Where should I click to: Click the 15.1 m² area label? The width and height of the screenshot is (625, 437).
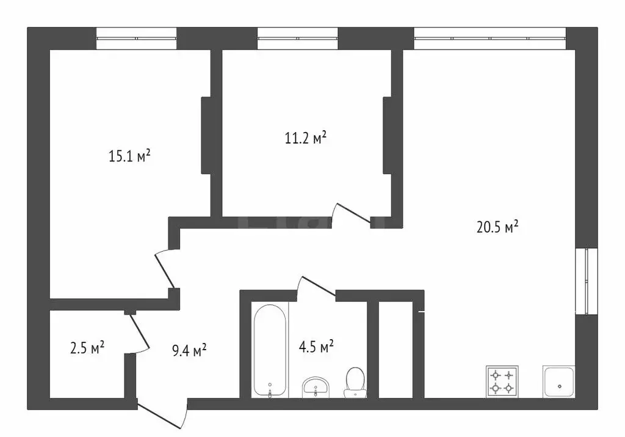[x=129, y=156]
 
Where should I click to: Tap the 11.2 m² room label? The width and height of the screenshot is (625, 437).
[x=306, y=138]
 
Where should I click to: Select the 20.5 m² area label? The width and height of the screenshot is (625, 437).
[x=497, y=227]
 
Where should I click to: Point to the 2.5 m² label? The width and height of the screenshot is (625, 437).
[x=87, y=348]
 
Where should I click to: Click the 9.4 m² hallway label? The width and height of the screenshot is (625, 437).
[x=189, y=350]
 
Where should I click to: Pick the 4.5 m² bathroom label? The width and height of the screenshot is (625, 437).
[x=316, y=346]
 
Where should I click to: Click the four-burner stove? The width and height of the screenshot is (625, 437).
[x=502, y=381]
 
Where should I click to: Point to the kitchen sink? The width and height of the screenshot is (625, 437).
[x=559, y=382]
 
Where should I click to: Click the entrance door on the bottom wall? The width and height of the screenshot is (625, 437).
[x=162, y=413]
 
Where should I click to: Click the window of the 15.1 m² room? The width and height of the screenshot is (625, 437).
[x=136, y=39]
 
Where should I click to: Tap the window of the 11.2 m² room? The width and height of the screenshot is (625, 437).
[x=297, y=39]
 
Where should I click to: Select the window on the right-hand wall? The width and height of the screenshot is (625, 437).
[x=587, y=281]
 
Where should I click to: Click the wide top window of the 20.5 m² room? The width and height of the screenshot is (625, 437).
[x=490, y=39]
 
